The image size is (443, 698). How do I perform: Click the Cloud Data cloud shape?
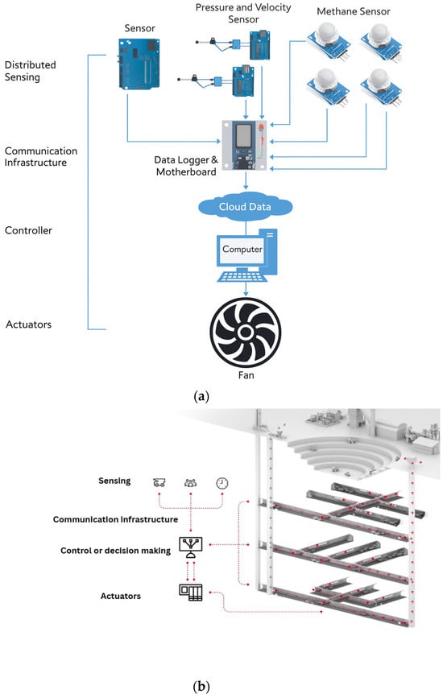245,207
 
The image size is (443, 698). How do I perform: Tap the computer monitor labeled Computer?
242,250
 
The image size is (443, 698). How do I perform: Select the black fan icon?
246,332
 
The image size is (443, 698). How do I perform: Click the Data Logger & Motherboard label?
186,166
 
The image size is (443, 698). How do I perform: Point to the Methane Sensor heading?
354,11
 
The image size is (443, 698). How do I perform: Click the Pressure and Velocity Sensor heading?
243,14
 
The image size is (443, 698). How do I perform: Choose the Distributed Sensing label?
31,71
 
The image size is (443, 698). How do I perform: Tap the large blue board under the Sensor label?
139,64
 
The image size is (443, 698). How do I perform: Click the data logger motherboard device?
244,145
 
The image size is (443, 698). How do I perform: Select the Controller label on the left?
28,230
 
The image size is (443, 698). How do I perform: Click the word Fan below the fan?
246,375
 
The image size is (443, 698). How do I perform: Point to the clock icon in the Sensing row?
221,483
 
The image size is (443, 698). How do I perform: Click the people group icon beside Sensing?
191,483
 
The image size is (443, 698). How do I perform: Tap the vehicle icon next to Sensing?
159,482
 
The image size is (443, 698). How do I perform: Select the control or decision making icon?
191,547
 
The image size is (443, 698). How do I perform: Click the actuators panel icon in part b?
191,593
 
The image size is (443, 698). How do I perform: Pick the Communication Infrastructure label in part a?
40,157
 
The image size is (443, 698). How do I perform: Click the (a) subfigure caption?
201,396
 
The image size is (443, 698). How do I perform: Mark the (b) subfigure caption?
201,686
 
